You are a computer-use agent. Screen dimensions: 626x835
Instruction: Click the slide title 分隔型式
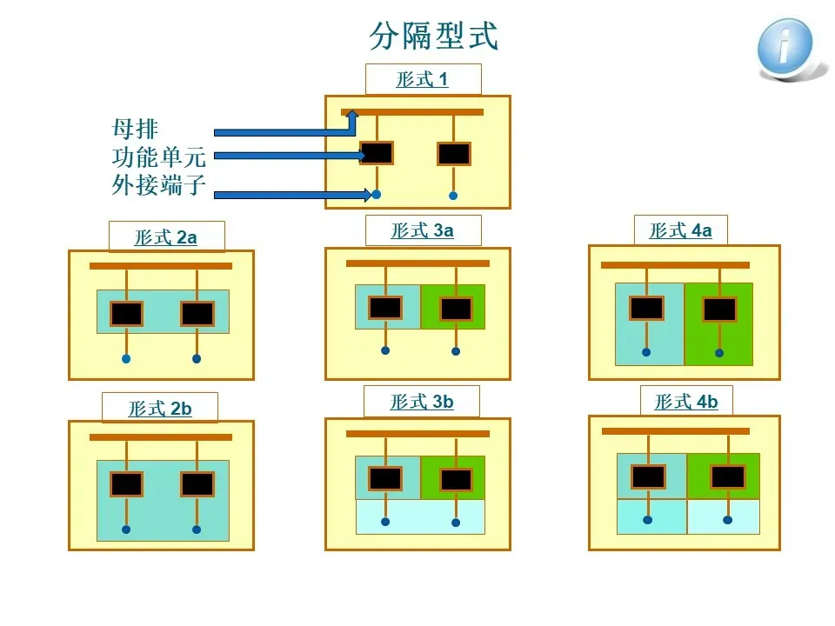(433, 37)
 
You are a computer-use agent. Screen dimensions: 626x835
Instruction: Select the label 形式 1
(423, 80)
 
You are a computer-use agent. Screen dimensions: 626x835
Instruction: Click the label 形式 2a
(166, 237)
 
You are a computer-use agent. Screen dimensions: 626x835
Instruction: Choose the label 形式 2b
(160, 409)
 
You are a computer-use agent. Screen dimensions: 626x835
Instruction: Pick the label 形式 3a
(423, 230)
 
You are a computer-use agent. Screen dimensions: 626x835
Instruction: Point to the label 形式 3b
(423, 402)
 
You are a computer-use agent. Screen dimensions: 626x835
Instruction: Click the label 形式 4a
(681, 230)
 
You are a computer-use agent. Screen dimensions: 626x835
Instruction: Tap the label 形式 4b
(686, 402)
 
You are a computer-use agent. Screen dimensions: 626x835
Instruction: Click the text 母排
(136, 130)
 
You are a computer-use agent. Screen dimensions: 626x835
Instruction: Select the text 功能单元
(159, 156)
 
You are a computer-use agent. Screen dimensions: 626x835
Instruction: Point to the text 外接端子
(159, 184)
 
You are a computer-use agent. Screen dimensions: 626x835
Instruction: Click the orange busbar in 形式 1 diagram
(417, 112)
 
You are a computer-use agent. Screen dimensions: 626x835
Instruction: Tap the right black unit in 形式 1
(453, 154)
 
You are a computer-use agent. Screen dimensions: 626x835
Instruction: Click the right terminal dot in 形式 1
(453, 195)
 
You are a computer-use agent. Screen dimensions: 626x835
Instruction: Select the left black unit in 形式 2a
(126, 313)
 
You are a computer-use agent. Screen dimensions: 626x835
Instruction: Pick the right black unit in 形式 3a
(456, 309)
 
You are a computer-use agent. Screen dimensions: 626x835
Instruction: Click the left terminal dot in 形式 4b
(647, 520)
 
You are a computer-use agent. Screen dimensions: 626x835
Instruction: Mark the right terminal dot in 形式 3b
(456, 523)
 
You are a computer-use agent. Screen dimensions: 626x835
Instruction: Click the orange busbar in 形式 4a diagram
(675, 265)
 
